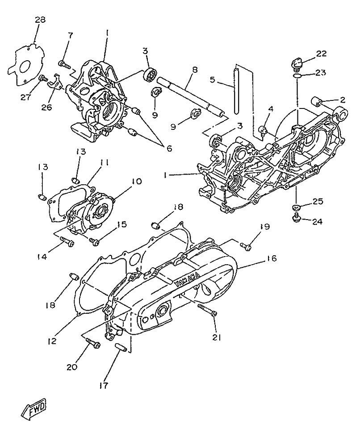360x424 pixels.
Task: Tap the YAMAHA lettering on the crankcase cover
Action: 187,278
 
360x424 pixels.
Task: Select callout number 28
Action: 40,20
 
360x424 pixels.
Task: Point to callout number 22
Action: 322,54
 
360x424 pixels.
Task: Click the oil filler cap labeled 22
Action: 296,63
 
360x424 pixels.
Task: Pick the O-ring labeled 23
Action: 297,76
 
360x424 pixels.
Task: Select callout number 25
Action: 318,202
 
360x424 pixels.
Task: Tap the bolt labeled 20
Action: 92,342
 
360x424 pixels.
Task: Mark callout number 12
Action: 52,341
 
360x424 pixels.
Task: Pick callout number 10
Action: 136,181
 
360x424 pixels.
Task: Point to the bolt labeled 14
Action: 67,242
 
